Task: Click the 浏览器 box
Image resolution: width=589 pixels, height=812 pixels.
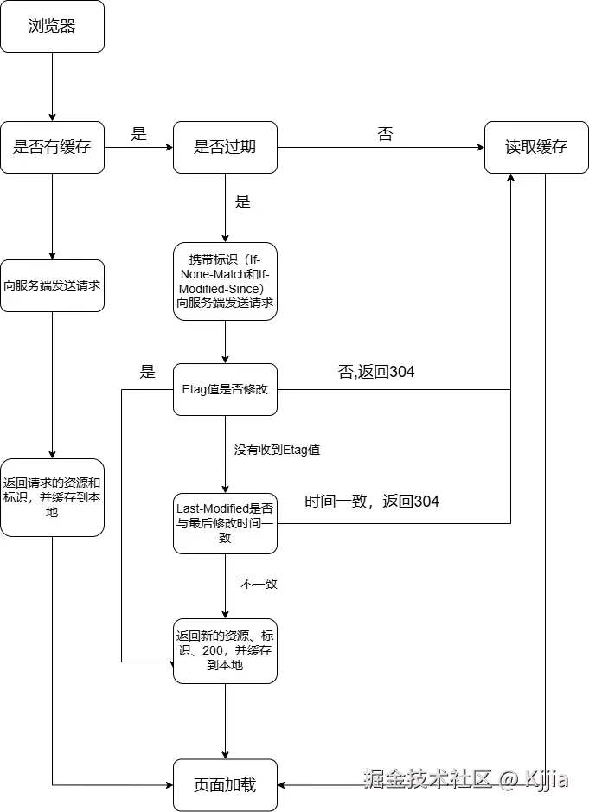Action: [x=52, y=26]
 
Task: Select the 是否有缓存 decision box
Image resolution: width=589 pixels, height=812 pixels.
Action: [x=52, y=147]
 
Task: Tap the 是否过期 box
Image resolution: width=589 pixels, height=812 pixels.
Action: [x=225, y=147]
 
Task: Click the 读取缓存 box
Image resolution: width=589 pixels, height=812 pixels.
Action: [x=536, y=147]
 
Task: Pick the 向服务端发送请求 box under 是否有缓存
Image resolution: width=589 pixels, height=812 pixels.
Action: [x=52, y=285]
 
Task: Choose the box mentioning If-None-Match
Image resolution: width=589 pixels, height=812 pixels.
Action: [x=225, y=282]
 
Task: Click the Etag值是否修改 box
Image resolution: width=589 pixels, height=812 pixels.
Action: [x=225, y=389]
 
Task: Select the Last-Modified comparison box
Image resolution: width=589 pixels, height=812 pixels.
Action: [x=225, y=523]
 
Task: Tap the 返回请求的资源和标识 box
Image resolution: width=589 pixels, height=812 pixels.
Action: [x=52, y=497]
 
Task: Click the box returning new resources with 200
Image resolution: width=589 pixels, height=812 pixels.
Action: [x=225, y=650]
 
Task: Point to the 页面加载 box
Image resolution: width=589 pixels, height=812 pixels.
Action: [x=225, y=785]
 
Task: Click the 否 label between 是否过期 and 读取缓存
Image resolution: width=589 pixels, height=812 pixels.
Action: [x=385, y=134]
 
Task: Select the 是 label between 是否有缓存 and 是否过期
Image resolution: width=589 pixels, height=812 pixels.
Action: [x=138, y=134]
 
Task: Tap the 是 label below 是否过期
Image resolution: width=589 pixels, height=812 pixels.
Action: [x=243, y=201]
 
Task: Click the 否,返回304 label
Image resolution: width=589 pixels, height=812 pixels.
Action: [x=375, y=372]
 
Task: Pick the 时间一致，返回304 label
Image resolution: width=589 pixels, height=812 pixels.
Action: [x=372, y=502]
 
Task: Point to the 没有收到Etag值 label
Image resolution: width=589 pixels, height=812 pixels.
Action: [x=278, y=450]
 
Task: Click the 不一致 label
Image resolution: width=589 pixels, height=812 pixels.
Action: [x=259, y=584]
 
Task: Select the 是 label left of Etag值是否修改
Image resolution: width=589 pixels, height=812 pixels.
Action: [x=148, y=372]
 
